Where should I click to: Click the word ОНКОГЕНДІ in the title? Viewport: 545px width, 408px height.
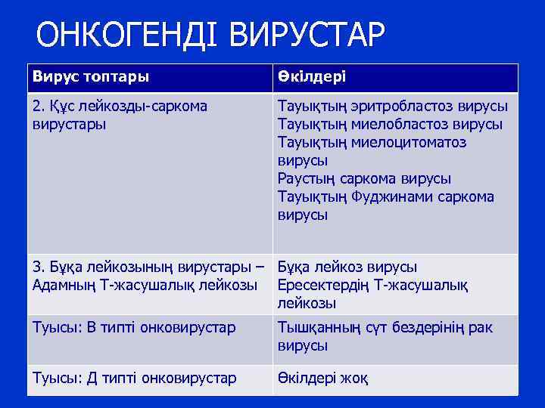[127, 35]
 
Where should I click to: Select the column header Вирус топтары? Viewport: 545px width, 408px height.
[90, 77]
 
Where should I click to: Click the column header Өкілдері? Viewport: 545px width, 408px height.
[313, 77]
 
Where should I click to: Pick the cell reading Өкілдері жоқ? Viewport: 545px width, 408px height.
[323, 378]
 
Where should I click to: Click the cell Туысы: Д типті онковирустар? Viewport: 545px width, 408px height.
[134, 378]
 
